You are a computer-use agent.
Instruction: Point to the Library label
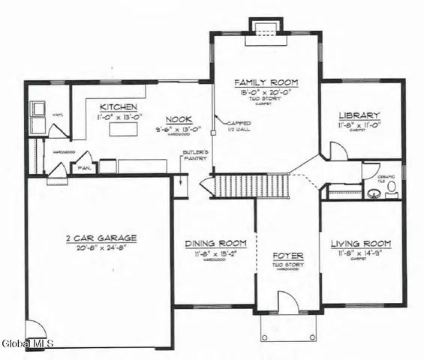coord(359,115)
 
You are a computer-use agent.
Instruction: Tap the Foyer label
coord(287,255)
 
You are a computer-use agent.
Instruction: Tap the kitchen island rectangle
coord(120,130)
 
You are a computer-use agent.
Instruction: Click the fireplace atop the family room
coord(263,28)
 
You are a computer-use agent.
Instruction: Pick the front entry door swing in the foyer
coord(287,302)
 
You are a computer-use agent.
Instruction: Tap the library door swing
coord(338,150)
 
